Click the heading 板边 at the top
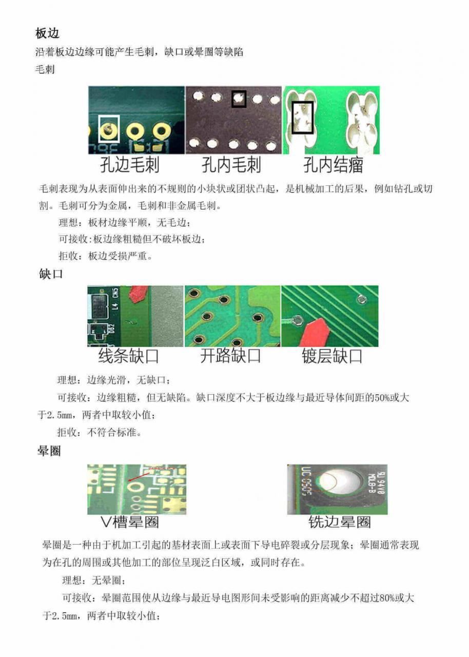(x=48, y=33)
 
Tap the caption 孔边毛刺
(x=129, y=165)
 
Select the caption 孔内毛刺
(x=231, y=165)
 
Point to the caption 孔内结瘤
(x=333, y=165)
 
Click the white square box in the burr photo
(x=109, y=129)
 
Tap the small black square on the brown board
(x=239, y=99)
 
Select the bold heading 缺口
(x=51, y=274)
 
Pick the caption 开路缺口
(x=230, y=356)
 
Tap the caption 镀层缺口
(x=332, y=356)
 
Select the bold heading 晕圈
(x=49, y=451)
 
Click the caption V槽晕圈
(x=130, y=523)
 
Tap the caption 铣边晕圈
(x=339, y=523)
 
